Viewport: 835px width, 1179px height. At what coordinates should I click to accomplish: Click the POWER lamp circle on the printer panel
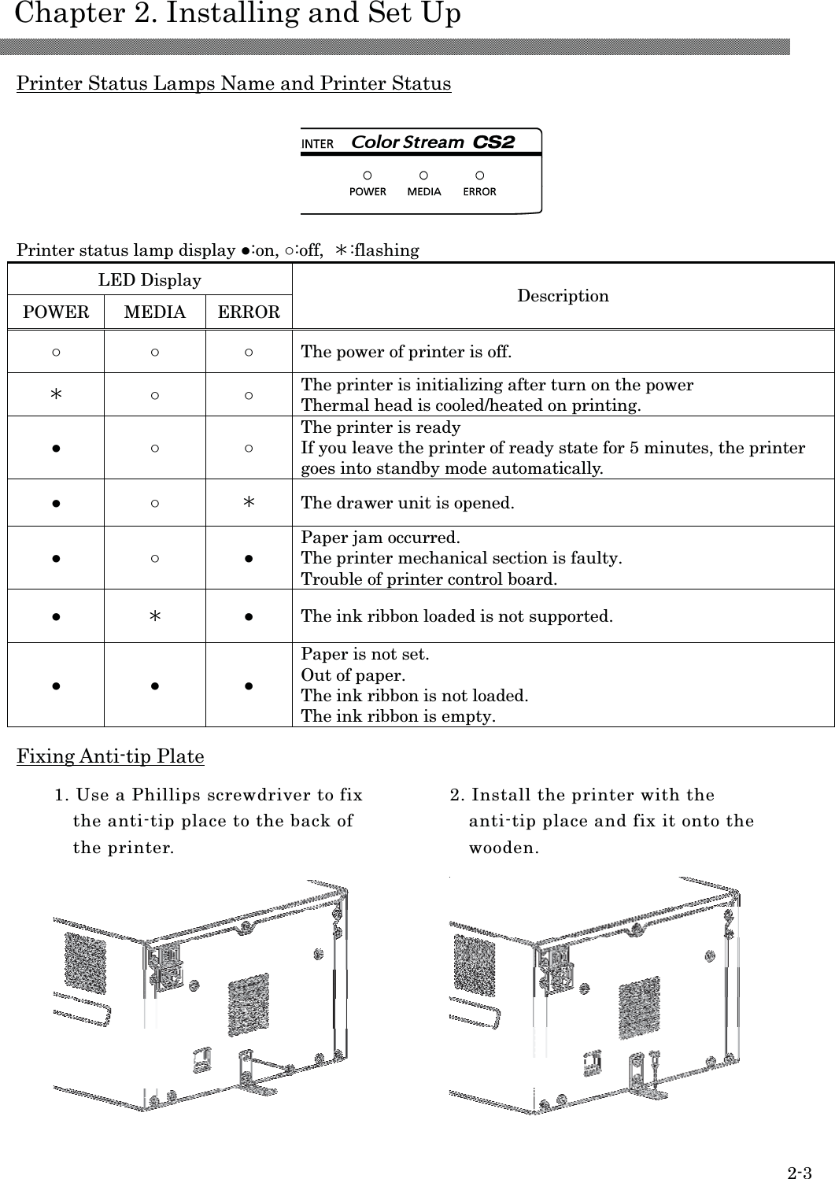tap(367, 175)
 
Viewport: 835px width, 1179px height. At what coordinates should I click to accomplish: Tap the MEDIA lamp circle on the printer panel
tap(423, 175)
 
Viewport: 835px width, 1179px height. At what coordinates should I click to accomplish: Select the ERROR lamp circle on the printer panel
tap(479, 175)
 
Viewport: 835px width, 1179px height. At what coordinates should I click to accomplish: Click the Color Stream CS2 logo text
tap(432, 142)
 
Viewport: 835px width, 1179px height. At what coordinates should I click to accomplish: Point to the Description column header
tap(563, 296)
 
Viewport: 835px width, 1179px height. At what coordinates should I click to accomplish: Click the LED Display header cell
tap(150, 280)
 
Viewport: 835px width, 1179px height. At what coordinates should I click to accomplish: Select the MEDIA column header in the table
tap(155, 312)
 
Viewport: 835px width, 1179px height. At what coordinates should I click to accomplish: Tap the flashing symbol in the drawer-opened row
tap(248, 503)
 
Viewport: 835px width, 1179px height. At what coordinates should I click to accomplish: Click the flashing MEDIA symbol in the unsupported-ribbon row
tap(155, 615)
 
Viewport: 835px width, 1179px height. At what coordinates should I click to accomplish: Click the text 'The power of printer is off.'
tap(406, 352)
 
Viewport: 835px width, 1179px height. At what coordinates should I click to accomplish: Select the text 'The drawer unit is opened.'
tap(408, 503)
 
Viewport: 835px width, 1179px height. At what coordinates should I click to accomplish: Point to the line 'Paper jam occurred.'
tap(381, 538)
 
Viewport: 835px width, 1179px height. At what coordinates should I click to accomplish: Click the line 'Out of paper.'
tap(353, 675)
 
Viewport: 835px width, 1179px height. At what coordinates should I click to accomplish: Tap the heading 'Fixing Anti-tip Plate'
tap(110, 756)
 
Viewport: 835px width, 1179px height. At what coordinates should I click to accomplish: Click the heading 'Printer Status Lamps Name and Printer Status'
tap(234, 83)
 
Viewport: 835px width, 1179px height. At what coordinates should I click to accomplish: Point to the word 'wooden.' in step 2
tap(504, 848)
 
